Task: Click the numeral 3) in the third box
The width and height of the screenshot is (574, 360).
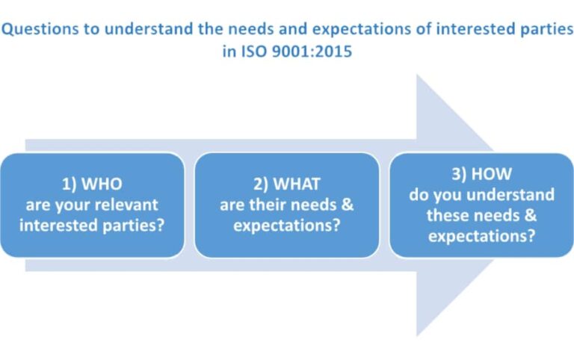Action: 460,175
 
